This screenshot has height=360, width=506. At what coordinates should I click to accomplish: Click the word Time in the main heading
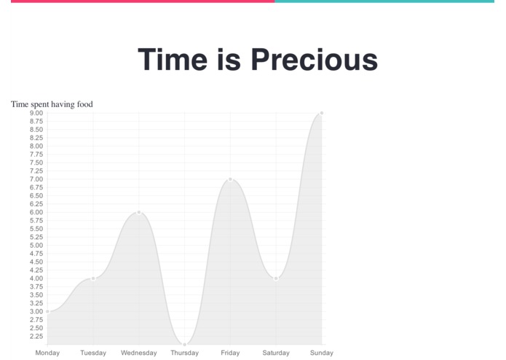[x=173, y=60]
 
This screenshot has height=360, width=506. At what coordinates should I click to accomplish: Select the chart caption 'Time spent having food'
[x=52, y=104]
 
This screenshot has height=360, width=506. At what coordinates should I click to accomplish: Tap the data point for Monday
[x=47, y=311]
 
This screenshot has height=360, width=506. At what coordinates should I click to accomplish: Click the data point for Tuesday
[x=93, y=278]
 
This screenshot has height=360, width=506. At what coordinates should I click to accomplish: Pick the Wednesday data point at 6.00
[x=139, y=212]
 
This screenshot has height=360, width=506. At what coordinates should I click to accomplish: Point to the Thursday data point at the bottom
[x=185, y=344]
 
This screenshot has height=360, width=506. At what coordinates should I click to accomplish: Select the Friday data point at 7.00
[x=230, y=179]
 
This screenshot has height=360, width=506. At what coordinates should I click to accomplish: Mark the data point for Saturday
[x=276, y=278]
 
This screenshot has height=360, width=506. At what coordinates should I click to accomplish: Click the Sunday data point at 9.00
[x=322, y=113]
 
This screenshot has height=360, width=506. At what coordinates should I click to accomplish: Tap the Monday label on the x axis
[x=47, y=353]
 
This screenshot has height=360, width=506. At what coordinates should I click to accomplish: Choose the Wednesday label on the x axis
[x=139, y=353]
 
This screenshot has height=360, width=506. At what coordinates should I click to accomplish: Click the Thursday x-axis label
[x=185, y=353]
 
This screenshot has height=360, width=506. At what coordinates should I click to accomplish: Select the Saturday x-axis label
[x=276, y=353]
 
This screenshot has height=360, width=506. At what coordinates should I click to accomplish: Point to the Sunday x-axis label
[x=322, y=353]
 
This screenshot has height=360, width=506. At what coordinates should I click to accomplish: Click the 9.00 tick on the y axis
[x=36, y=113]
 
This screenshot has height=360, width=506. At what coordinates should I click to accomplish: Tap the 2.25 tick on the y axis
[x=36, y=336]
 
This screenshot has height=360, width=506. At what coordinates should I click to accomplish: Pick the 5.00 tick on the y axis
[x=36, y=245]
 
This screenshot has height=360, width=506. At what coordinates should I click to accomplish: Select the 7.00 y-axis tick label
[x=36, y=179]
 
